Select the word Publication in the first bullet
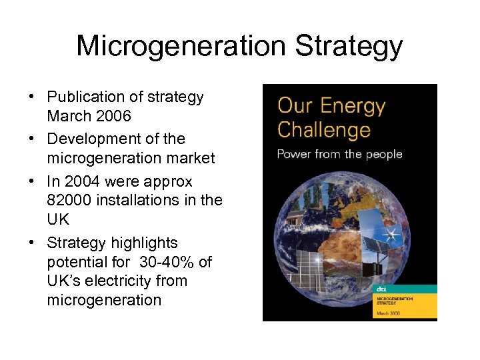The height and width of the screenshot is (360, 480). click(x=88, y=97)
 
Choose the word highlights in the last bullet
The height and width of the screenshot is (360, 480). click(x=145, y=243)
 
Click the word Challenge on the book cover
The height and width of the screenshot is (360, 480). click(x=324, y=130)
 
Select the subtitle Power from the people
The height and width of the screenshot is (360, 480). click(x=339, y=155)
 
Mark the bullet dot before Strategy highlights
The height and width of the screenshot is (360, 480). click(x=32, y=243)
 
